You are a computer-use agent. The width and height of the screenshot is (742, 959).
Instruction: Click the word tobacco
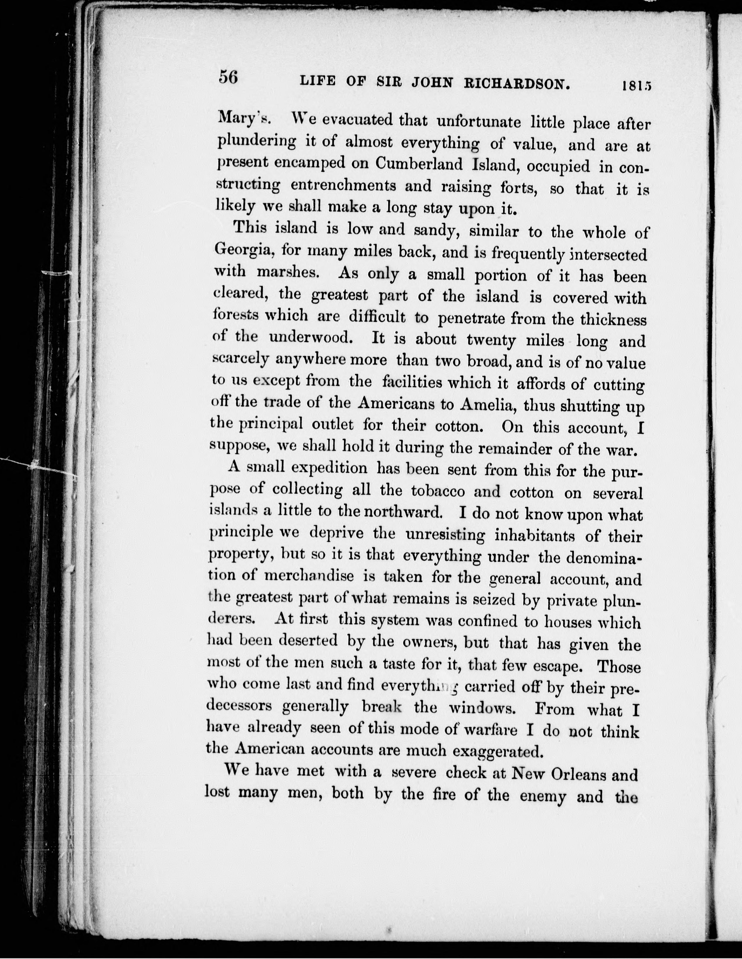point(438,490)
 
